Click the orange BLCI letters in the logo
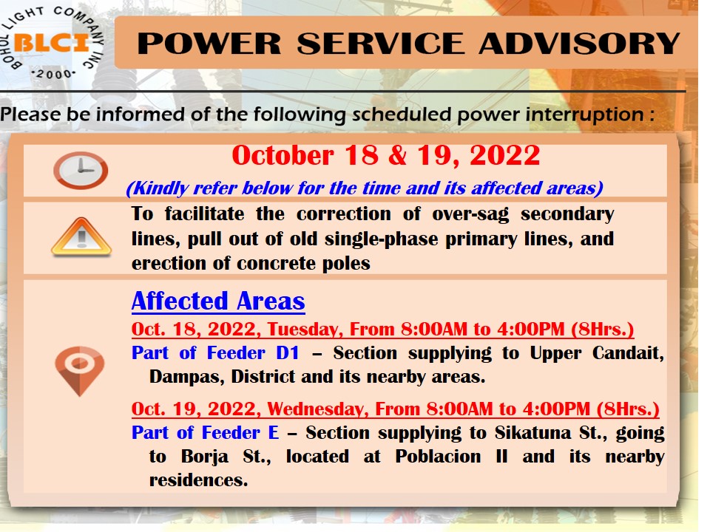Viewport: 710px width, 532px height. [51, 43]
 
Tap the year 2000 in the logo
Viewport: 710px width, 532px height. [53, 74]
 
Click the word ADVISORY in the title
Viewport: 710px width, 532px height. [579, 44]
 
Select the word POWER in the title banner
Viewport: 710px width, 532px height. [209, 44]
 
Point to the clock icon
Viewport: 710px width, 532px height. [81, 171]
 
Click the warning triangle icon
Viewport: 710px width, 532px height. [81, 236]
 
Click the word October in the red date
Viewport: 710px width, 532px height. [283, 155]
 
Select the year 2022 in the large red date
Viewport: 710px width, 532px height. [505, 155]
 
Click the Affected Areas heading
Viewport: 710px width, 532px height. [218, 301]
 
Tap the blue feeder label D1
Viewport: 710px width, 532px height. [288, 353]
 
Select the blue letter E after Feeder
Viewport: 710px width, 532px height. [274, 433]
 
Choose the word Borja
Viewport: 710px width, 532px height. [205, 457]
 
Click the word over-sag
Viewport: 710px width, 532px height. [470, 214]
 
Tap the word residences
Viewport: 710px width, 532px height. [199, 480]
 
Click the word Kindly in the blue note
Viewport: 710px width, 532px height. [160, 188]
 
